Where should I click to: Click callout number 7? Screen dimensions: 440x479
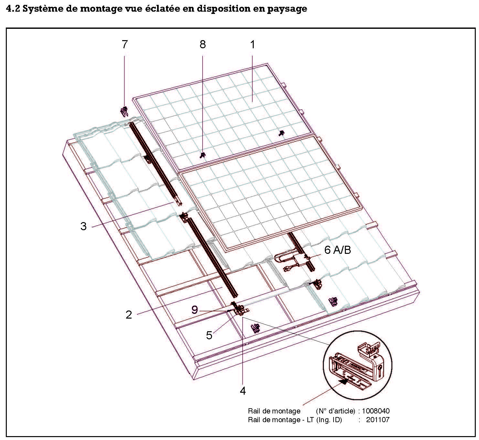pyautogui.click(x=125, y=44)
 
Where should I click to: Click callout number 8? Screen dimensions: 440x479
pyautogui.click(x=203, y=44)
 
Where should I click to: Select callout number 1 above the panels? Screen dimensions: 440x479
pyautogui.click(x=253, y=44)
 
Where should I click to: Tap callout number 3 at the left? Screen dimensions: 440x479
pyautogui.click(x=83, y=226)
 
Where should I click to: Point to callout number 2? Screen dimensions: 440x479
pyautogui.click(x=129, y=315)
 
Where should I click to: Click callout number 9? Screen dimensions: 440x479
pyautogui.click(x=195, y=310)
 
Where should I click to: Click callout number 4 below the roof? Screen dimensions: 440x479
pyautogui.click(x=243, y=391)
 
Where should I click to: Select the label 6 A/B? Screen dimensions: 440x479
pyautogui.click(x=337, y=250)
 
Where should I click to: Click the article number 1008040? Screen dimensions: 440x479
pyautogui.click(x=376, y=411)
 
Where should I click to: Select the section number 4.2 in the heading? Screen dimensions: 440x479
pyautogui.click(x=13, y=9)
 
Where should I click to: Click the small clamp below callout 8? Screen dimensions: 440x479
pyautogui.click(x=203, y=155)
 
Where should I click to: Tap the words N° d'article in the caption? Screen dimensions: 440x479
pyautogui.click(x=335, y=411)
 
